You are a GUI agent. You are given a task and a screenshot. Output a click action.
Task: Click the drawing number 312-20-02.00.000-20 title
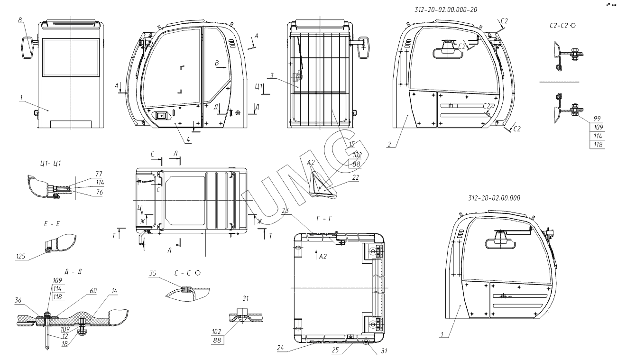(x=446, y=9)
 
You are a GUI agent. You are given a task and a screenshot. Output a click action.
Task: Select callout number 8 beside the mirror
(x=20, y=20)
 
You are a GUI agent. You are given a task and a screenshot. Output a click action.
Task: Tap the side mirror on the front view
(x=27, y=47)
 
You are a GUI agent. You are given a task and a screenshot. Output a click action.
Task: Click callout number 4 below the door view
(x=188, y=139)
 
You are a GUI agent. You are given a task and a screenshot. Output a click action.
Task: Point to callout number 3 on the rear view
(x=272, y=75)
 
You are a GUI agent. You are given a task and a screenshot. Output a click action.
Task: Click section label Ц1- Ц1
(x=50, y=163)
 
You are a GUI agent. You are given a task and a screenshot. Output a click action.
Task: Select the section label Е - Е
(x=52, y=224)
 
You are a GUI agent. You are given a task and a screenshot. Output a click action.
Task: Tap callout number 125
(x=21, y=257)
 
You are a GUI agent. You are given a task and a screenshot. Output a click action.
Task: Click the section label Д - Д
(x=73, y=272)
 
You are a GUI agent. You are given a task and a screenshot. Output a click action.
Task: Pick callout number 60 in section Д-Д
(x=93, y=291)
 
